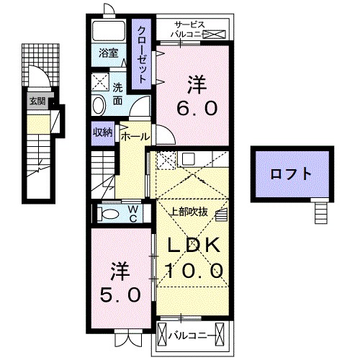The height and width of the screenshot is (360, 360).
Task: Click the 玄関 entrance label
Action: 37,101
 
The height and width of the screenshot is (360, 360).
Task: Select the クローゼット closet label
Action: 143,53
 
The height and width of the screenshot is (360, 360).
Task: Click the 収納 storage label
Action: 102,132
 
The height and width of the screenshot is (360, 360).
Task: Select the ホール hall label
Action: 135,136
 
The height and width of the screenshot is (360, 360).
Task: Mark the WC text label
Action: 134,213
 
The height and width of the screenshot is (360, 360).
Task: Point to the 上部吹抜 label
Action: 189,212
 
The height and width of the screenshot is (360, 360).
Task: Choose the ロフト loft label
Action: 291,174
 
